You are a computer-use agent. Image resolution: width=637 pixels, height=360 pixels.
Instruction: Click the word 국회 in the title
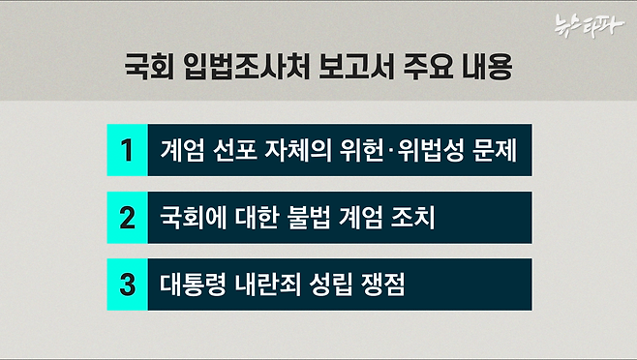pyautogui.click(x=152, y=70)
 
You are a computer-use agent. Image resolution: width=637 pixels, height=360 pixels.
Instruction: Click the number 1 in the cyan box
pyautogui.click(x=126, y=151)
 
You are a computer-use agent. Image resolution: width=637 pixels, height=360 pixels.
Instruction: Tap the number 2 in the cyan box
pyautogui.click(x=126, y=217)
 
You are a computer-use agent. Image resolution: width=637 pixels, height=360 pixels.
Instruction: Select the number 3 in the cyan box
pyautogui.click(x=126, y=284)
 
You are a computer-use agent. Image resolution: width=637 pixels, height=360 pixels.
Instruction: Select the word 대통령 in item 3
pyautogui.click(x=195, y=284)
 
